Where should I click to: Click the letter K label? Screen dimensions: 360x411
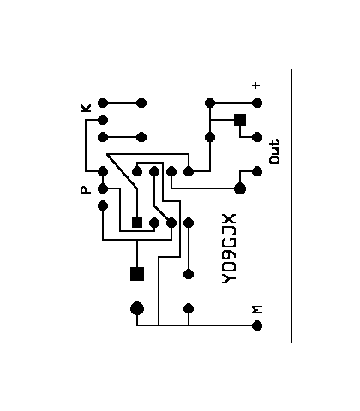tap(86, 108)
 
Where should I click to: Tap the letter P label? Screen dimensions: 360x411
tap(86, 190)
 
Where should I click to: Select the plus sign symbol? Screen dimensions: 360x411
tap(256, 86)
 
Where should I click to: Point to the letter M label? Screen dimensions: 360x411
tap(257, 310)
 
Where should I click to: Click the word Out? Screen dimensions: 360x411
tap(274, 152)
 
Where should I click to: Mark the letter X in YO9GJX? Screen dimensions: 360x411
tap(229, 218)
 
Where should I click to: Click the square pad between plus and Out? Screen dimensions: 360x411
tap(240, 120)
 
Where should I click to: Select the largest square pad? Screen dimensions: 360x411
tap(137, 274)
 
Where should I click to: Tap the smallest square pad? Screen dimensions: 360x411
tap(137, 223)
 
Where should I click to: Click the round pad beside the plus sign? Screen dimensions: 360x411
tap(257, 103)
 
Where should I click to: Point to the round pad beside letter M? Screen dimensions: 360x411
tap(257, 325)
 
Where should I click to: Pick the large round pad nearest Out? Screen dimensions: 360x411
tap(240, 188)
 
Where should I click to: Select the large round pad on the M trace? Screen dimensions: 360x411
tap(137, 308)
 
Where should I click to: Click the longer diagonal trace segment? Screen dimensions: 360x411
tap(122, 171)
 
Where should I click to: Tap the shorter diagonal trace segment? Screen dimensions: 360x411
tap(163, 214)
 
